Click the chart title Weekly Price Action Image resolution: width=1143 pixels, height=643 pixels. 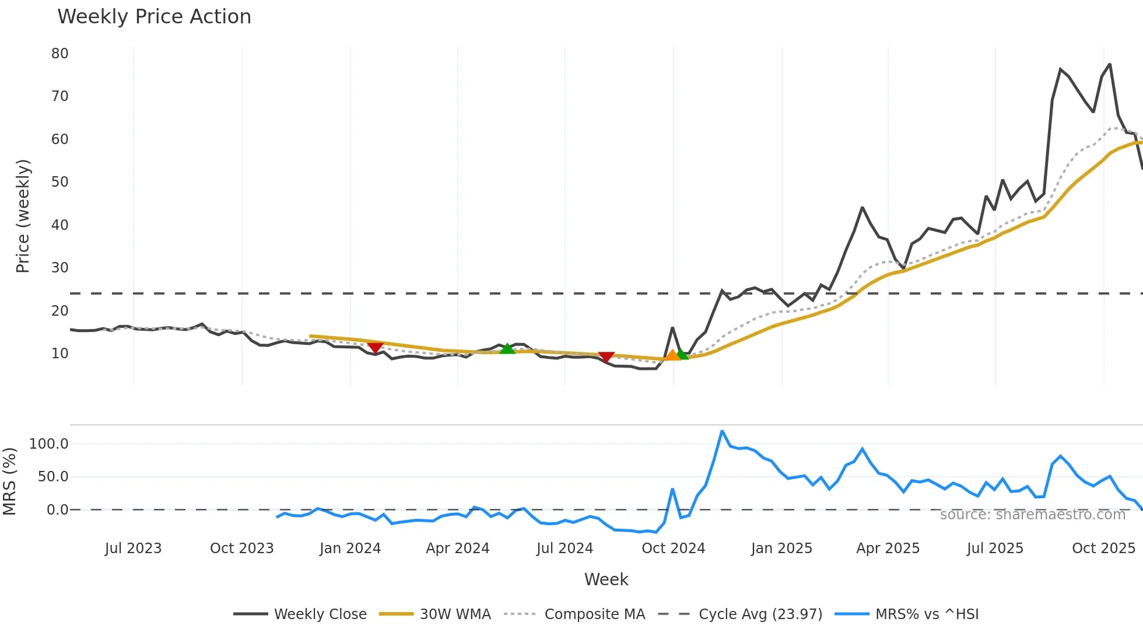tap(154, 17)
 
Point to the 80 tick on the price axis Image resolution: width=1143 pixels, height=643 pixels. tap(59, 54)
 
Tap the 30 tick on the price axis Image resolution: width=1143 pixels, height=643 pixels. tap(59, 268)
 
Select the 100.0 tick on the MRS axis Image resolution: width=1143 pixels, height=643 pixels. tap(49, 444)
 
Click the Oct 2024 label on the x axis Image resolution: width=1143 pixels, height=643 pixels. tap(673, 548)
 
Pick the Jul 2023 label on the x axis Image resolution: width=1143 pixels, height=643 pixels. tap(133, 548)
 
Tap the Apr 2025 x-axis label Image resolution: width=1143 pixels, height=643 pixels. tap(888, 548)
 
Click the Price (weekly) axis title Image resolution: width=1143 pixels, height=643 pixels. tap(23, 216)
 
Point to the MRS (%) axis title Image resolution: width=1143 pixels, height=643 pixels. tap(9, 481)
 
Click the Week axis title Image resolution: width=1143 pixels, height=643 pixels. tap(606, 579)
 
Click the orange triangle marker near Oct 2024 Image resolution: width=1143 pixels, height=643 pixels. tap(672, 355)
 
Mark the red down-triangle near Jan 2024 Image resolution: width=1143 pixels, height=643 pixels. tap(375, 348)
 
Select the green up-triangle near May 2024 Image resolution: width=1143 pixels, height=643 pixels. tap(507, 348)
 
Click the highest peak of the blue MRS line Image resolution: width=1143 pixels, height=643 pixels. tap(722, 431)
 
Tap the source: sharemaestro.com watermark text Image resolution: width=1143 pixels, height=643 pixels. tap(1032, 515)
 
